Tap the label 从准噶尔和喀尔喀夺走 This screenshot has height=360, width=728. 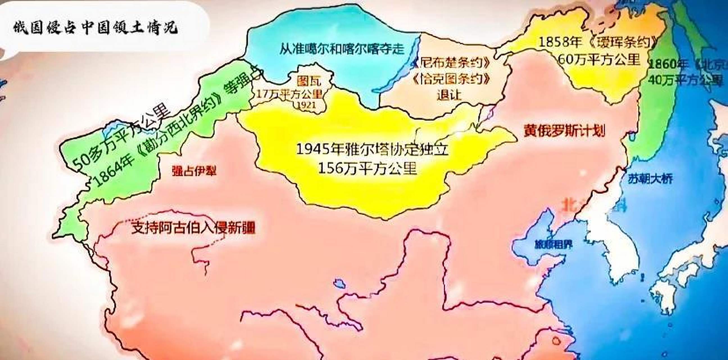pos(342,49)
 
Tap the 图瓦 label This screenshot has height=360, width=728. pos(309,81)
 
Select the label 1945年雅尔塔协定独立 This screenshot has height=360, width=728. pos(372,149)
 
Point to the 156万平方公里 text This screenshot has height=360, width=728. pos(368,168)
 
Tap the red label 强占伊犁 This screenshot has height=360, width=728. pos(194,171)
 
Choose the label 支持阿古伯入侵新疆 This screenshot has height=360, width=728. pos(193,228)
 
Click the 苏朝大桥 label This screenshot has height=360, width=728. pos(650,179)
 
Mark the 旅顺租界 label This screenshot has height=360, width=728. pos(553,244)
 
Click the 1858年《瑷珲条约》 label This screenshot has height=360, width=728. pos(598,42)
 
